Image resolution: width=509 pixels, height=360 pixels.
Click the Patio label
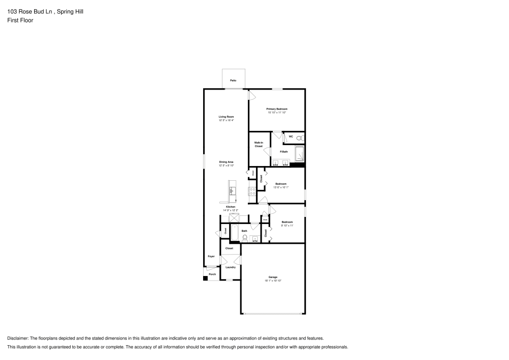coord(233,80)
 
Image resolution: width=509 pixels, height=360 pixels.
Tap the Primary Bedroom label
coord(277,109)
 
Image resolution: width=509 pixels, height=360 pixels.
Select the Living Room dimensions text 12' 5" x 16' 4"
coord(226,121)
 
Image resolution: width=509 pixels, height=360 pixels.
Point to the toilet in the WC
coord(299,137)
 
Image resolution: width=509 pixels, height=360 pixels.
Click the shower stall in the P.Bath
coord(300,153)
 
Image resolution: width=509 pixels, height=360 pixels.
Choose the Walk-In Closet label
coord(259,144)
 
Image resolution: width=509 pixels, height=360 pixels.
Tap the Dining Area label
coord(226,162)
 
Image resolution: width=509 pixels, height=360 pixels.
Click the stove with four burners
coord(252,191)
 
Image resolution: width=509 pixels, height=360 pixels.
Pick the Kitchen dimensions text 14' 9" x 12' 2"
coord(231,210)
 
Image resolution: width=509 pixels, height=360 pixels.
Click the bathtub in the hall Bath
coord(235,234)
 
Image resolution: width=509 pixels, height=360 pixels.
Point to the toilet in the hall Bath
coord(245,237)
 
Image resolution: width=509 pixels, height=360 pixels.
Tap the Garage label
coord(273,277)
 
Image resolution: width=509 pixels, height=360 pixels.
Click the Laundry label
coord(230,267)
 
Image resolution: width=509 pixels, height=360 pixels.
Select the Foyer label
coord(211,256)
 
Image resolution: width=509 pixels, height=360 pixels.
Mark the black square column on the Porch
coord(206,278)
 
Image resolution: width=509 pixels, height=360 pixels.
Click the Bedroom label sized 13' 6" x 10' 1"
coord(281,183)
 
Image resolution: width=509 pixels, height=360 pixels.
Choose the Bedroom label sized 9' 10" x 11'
coord(287,221)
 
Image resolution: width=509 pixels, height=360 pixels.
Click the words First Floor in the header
coord(20,20)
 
